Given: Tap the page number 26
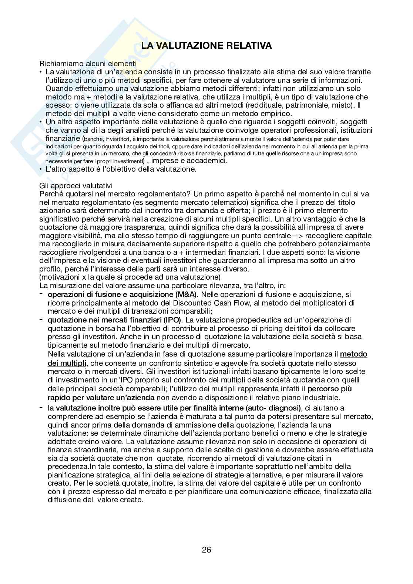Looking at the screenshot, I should [x=206, y=550].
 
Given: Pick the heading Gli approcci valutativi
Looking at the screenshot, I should [x=76, y=186].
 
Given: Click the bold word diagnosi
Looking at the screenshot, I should [x=286, y=408].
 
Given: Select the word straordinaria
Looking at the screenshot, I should [x=97, y=450].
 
